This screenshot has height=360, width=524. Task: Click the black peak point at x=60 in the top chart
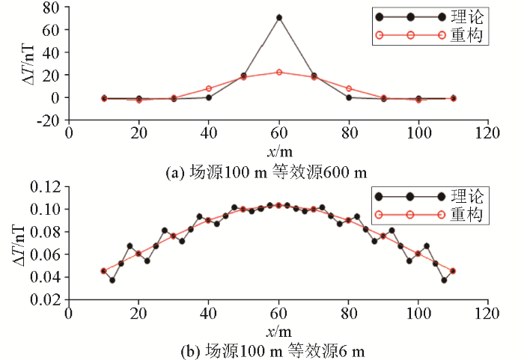pyautogui.click(x=278, y=17)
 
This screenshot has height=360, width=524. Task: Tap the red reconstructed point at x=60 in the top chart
pyautogui.click(x=278, y=72)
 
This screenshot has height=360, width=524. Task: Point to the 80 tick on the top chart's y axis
pyautogui.click(x=52, y=7)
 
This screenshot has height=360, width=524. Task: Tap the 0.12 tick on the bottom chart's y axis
pyautogui.click(x=45, y=186)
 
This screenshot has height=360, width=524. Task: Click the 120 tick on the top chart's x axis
pyautogui.click(x=488, y=132)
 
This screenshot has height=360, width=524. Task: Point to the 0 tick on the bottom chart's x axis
pyautogui.click(x=69, y=312)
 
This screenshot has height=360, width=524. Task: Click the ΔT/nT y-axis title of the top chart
pyautogui.click(x=26, y=64)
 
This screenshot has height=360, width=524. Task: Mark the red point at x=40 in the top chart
pyautogui.click(x=209, y=88)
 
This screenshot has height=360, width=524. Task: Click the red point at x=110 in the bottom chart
pyautogui.click(x=453, y=271)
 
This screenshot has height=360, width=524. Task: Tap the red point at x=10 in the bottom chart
pyautogui.click(x=104, y=271)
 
